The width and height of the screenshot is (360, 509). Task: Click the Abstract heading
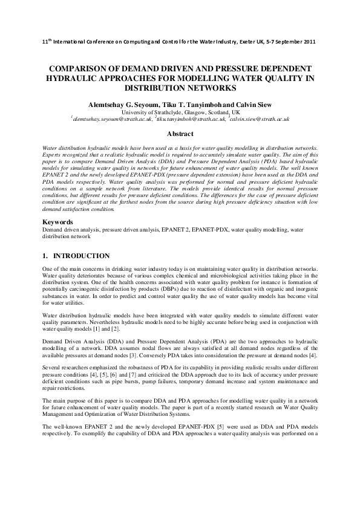click(180, 134)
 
